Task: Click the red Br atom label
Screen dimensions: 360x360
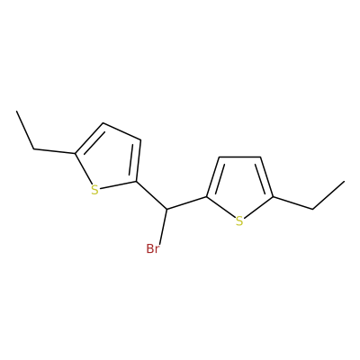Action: pos(152,248)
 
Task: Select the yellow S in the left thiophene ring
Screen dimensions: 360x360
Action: pos(94,190)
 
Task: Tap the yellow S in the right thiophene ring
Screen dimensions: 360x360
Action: pos(238,221)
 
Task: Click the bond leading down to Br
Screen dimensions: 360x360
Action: pos(163,226)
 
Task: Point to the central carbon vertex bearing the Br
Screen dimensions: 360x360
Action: pos(166,209)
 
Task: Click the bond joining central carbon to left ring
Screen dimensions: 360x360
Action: pos(151,195)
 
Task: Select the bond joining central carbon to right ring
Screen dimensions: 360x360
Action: pos(186,202)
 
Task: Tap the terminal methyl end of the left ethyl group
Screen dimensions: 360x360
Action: pos(17,112)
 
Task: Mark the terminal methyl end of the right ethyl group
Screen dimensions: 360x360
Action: pos(344,181)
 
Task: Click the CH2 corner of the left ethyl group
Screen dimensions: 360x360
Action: pos(33,148)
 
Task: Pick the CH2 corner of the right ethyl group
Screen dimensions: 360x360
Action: pos(312,209)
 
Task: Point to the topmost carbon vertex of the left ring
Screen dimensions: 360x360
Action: pos(103,123)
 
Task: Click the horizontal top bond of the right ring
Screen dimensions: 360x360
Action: pos(239,157)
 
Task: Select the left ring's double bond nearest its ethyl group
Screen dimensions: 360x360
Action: pos(90,139)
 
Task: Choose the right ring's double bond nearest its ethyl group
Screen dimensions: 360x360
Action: pos(265,177)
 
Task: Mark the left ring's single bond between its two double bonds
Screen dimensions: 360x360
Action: pos(121,131)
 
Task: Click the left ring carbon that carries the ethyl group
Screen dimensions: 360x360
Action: pos(75,154)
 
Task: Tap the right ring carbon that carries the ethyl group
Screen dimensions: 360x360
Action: pos(273,197)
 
